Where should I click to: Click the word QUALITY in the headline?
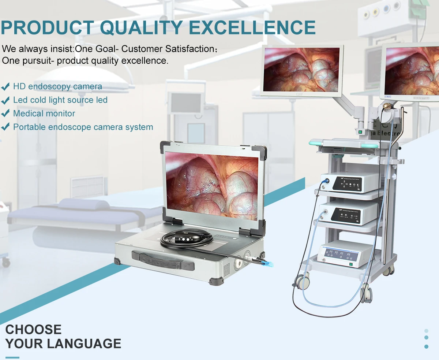tap(141, 27)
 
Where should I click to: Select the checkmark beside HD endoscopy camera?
tap(5, 87)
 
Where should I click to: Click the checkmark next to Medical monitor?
tap(5, 114)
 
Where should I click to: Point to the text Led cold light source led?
tap(60, 100)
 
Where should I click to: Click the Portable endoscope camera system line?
tap(83, 127)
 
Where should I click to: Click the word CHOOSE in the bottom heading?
tap(33, 329)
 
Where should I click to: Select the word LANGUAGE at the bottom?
tap(84, 344)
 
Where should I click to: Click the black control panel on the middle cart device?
tap(346, 215)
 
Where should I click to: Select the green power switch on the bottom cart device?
tap(351, 264)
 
